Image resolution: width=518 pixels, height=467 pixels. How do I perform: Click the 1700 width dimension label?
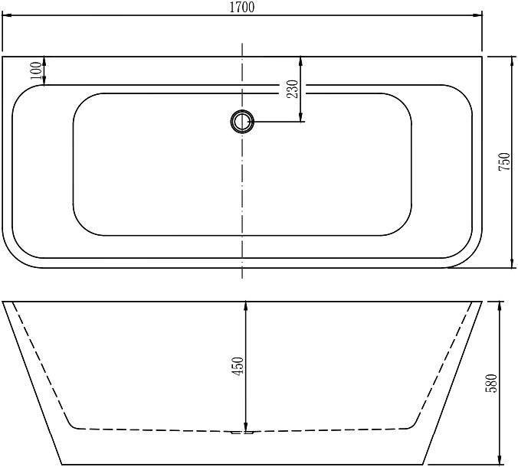coord(242,7)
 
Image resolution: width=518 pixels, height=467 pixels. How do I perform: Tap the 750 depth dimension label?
coord(504,162)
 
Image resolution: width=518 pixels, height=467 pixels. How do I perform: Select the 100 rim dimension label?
coord(36,70)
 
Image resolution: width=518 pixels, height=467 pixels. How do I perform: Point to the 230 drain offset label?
coord(293,89)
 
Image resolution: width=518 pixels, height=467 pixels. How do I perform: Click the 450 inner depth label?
coord(238,366)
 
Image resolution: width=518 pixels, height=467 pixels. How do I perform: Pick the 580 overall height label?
coord(491,383)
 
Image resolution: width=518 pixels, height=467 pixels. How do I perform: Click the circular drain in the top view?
coord(242,122)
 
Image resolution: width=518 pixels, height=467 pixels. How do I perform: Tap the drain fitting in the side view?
coord(242,432)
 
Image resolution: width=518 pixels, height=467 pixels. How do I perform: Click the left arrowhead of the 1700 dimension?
coord(7,15)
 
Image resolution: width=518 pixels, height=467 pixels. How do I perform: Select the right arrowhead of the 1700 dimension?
coord(477,15)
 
